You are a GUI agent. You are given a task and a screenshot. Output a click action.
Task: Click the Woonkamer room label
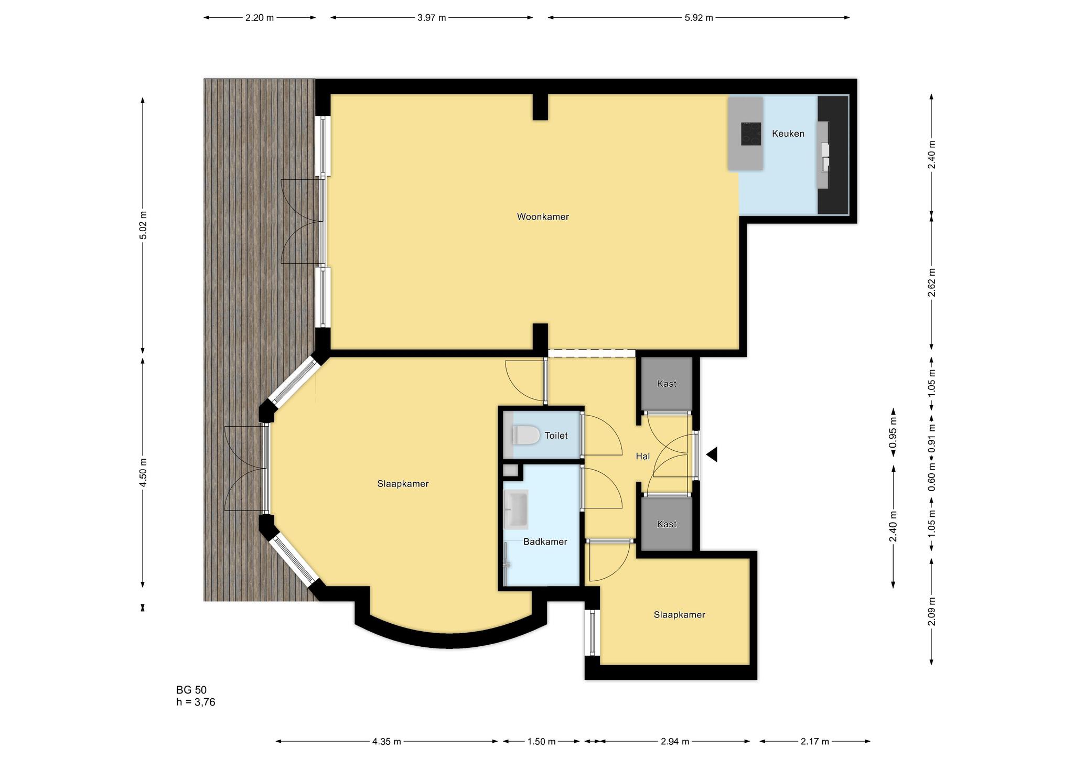pyautogui.click(x=543, y=216)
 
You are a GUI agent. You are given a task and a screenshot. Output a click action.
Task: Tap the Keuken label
pyautogui.click(x=788, y=134)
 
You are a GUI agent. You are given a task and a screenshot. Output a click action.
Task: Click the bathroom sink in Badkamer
pyautogui.click(x=515, y=509)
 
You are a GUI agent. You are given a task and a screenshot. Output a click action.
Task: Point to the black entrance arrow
pyautogui.click(x=712, y=454)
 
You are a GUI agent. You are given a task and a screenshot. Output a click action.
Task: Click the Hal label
pyautogui.click(x=643, y=457)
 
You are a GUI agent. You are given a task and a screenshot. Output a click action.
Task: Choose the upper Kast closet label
pyautogui.click(x=667, y=384)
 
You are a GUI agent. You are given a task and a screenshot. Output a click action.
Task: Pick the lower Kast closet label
pyautogui.click(x=667, y=524)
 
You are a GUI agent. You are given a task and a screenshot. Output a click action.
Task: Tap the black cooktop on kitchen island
pyautogui.click(x=751, y=134)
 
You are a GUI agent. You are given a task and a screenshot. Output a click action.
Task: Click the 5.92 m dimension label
pyautogui.click(x=699, y=18)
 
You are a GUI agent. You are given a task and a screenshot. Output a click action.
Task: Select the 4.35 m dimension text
pyautogui.click(x=386, y=741)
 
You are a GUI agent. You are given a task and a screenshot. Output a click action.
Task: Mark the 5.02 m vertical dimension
pyautogui.click(x=143, y=225)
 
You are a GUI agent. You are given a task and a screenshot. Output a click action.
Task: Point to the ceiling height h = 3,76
pyautogui.click(x=196, y=702)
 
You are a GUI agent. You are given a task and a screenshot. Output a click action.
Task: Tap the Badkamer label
pyautogui.click(x=545, y=542)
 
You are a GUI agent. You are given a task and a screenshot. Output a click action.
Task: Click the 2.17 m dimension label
pyautogui.click(x=815, y=741)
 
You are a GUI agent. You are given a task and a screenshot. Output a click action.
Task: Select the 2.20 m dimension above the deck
pyautogui.click(x=260, y=18)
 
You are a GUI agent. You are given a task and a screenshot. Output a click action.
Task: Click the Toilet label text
pyautogui.click(x=556, y=436)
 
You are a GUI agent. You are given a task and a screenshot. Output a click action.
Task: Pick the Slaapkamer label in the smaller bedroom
pyautogui.click(x=679, y=615)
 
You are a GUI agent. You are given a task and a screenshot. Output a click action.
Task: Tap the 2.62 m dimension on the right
pyautogui.click(x=931, y=283)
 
